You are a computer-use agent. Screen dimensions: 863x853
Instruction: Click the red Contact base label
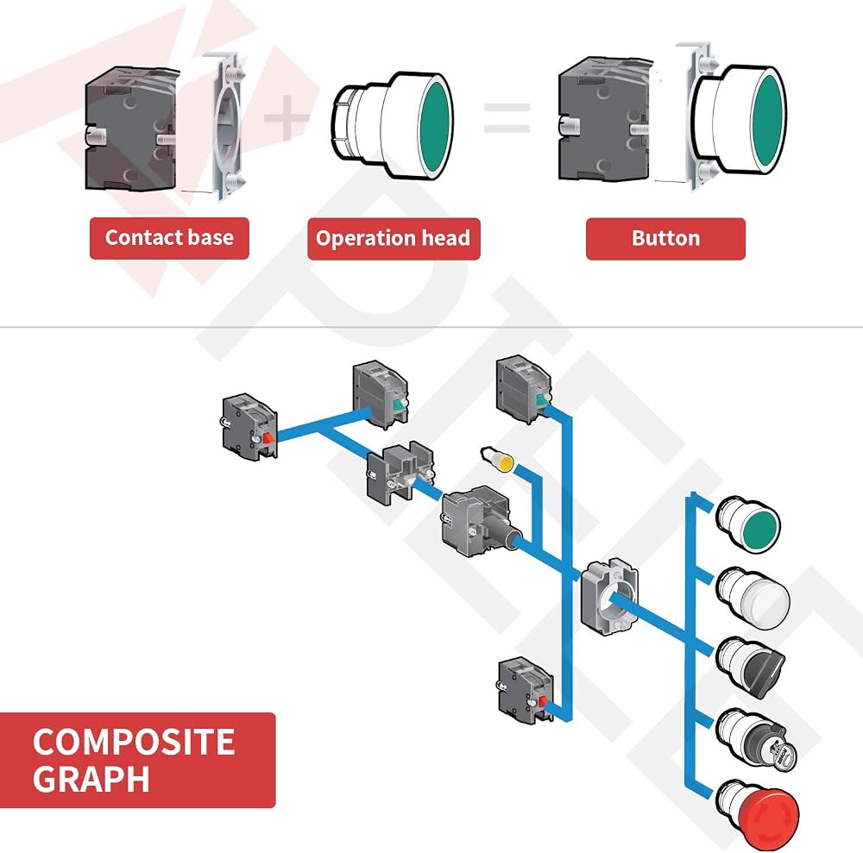[x=169, y=238]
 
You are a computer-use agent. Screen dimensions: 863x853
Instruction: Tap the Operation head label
[x=394, y=239]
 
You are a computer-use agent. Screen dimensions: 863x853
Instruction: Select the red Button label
[x=665, y=239]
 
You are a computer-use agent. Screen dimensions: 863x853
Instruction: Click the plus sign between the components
[x=287, y=117]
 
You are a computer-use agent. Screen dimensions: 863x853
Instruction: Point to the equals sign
[x=507, y=118]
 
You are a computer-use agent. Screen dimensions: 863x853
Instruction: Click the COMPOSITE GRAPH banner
[x=137, y=760]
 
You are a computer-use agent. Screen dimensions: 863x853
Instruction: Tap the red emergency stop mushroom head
[x=758, y=814]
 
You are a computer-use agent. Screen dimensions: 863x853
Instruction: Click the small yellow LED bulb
[x=498, y=460]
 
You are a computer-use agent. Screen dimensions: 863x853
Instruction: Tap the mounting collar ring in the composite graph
[x=609, y=596]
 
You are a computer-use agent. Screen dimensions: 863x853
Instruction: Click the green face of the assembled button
[x=768, y=119]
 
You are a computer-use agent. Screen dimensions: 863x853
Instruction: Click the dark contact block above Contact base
[x=132, y=129]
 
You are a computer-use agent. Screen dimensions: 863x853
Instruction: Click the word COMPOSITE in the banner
[x=134, y=742]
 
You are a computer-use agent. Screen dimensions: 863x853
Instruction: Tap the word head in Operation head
[x=446, y=238]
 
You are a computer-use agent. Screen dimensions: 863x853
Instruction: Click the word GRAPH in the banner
[x=91, y=779]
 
